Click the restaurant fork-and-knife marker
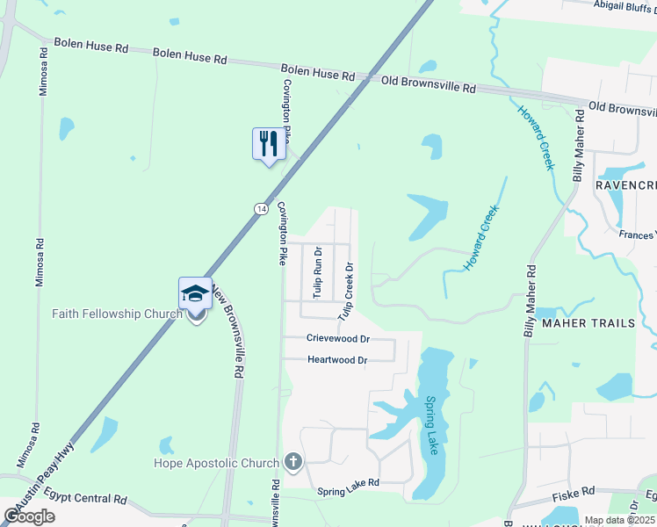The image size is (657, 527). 269,143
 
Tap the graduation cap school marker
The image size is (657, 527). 195,293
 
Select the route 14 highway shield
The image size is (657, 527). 261,208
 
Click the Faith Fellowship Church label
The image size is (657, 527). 117,314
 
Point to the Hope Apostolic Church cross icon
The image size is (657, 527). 292,462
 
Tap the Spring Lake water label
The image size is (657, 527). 431,425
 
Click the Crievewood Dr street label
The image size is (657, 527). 338,338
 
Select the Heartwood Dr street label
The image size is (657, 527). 337,360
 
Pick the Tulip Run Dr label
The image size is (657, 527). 318,271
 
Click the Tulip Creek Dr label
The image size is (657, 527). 347,290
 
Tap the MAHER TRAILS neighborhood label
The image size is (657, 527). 588,323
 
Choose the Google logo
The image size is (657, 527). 29,516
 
